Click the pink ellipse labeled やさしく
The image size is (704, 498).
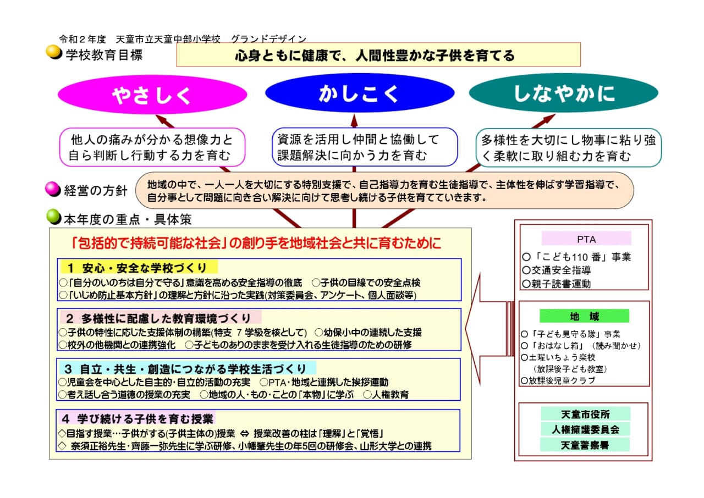(x=152, y=94)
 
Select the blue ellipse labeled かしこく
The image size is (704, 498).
(x=360, y=93)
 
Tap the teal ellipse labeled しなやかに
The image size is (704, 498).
(x=564, y=93)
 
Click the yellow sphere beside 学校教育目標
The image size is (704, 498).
(x=54, y=52)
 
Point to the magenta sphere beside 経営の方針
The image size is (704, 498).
(x=53, y=189)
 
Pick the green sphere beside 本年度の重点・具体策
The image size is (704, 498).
(x=54, y=217)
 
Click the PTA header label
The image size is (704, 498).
(x=586, y=239)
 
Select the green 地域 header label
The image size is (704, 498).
(x=584, y=316)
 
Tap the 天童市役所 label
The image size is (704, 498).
(x=586, y=414)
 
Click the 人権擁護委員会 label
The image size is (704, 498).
(x=585, y=429)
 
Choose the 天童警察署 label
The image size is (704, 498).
(x=585, y=445)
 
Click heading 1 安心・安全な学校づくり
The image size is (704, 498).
(x=139, y=268)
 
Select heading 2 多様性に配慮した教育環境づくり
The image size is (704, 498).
(x=160, y=318)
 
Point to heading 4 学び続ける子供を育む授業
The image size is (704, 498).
(x=137, y=418)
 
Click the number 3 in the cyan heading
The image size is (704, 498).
(x=68, y=369)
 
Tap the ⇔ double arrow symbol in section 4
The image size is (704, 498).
(x=244, y=434)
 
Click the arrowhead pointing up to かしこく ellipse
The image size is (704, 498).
(x=354, y=120)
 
